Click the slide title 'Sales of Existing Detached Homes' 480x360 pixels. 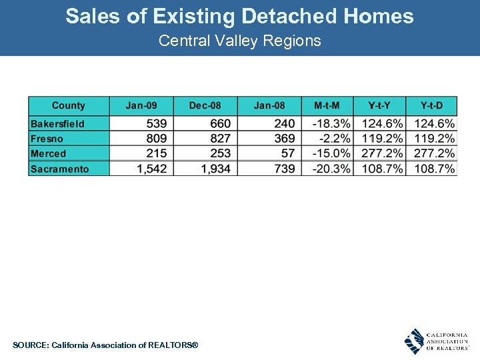tap(239, 17)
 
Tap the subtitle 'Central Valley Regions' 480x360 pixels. tap(239, 41)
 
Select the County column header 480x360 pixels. tap(68, 106)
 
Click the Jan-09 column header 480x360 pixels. tap(141, 106)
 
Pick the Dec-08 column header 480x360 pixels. tap(205, 106)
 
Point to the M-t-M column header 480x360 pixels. tap(327, 106)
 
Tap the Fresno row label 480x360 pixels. tap(47, 139)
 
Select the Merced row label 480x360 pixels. tap(49, 154)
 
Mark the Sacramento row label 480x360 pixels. tap(59, 169)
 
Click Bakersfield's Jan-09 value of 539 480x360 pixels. tap(155, 124)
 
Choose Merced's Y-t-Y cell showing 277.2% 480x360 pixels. tap(383, 154)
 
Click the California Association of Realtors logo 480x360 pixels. tap(437, 341)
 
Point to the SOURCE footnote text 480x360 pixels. tap(105, 345)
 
